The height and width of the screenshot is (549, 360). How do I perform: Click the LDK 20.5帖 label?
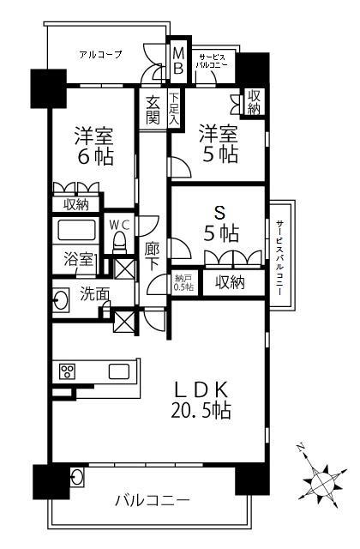coord(206,399)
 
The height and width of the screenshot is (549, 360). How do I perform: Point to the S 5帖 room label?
coord(221,222)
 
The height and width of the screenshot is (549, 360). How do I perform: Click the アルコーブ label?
coord(100,54)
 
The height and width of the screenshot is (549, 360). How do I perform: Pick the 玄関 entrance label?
coord(153,109)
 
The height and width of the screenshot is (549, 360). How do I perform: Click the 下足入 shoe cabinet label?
coord(173,109)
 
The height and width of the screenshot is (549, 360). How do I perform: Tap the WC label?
coord(118,224)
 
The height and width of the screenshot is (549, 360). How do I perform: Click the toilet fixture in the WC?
coord(121,243)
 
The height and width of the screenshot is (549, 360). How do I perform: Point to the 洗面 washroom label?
coord(95,295)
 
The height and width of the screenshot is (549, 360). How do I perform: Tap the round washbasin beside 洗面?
coord(63,299)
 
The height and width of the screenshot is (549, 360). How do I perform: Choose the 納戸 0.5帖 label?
coord(183,282)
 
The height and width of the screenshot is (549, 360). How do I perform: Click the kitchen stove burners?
coord(67,371)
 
